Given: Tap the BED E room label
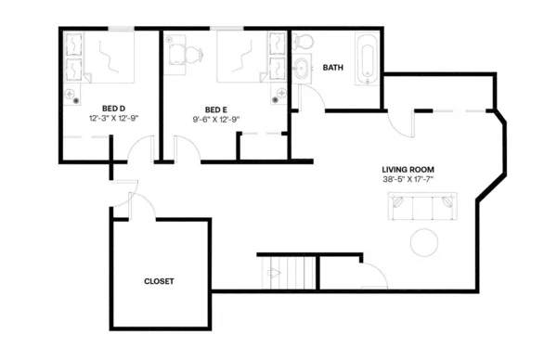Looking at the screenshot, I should click(216, 109).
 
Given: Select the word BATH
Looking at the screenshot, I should click(332, 68).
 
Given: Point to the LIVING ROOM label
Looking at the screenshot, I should click(408, 169).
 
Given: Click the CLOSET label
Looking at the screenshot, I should click(159, 280).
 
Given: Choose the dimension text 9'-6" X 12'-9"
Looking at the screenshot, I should click(216, 119).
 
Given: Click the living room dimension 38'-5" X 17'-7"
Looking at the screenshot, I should click(408, 179).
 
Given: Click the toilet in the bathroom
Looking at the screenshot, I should click(303, 43).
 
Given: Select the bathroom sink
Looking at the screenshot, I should click(301, 69).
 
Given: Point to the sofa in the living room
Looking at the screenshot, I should click(423, 208).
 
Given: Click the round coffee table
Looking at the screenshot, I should click(426, 241).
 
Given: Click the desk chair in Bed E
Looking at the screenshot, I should click(193, 55).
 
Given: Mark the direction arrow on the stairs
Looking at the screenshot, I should click(274, 273).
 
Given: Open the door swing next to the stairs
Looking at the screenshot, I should click(373, 276).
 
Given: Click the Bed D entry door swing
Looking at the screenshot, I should click(142, 148).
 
